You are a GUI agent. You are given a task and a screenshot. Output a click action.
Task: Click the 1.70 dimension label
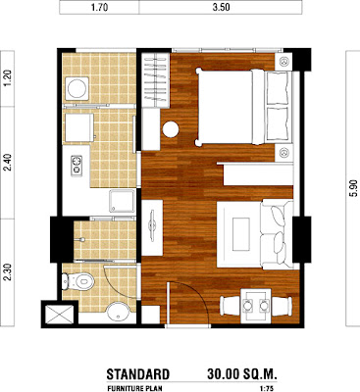pos(99,8)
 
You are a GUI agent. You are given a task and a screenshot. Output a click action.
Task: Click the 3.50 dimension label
pos(221,8)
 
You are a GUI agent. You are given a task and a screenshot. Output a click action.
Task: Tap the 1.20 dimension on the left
pos(7,78)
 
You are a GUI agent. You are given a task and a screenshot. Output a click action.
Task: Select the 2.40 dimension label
pos(7,163)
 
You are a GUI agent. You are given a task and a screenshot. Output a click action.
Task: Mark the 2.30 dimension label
pos(7,272)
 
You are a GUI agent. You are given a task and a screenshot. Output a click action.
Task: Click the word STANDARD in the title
pos(138,374)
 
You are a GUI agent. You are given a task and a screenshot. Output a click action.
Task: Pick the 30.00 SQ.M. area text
pos(242,374)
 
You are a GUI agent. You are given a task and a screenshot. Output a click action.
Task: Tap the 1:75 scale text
pos(267,389)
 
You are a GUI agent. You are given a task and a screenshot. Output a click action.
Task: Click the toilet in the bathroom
pos(77,281)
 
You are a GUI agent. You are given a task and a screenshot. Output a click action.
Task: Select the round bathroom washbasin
pos(119,313)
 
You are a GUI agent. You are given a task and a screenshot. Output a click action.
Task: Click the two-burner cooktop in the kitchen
pos(77,166)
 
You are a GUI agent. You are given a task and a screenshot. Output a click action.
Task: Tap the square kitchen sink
pos(122,201)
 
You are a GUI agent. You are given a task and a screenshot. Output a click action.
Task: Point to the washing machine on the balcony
pos(77,88)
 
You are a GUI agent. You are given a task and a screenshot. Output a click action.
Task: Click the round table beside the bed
pos(171,129)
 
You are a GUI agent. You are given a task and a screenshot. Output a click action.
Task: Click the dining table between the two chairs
pos(256,306)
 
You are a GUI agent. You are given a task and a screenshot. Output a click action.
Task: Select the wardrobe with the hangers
pos(156,80)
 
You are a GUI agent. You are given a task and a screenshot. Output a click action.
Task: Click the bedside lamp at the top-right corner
pos(283,61)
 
